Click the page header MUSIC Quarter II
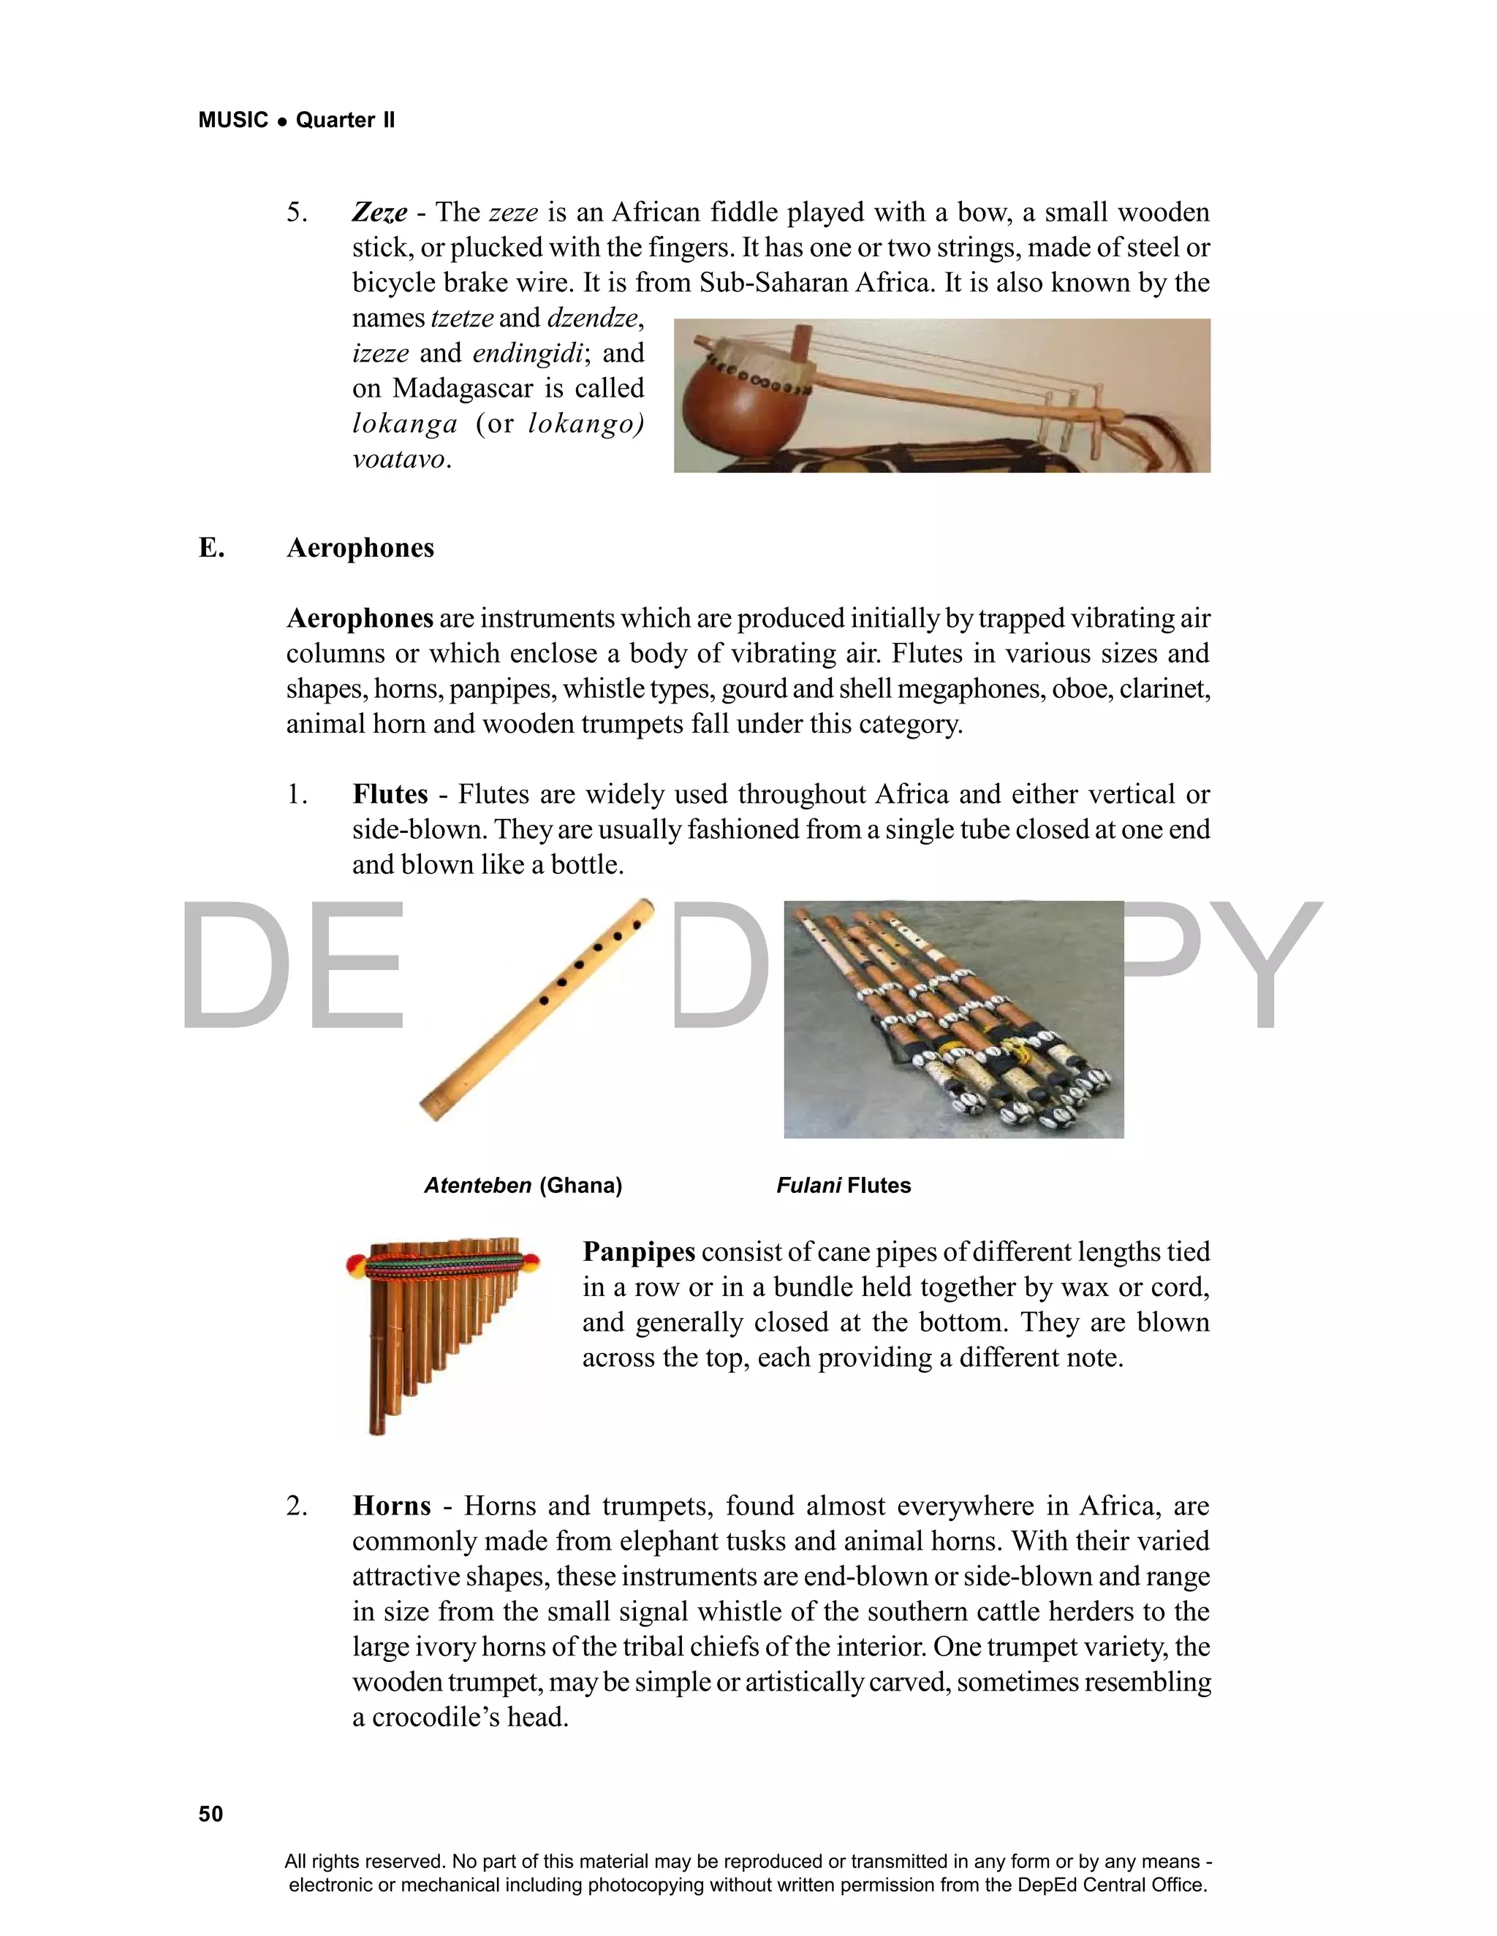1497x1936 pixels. point(296,120)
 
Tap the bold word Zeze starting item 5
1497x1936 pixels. point(379,213)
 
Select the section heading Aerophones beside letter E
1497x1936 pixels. point(360,548)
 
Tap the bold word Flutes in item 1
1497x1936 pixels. point(390,794)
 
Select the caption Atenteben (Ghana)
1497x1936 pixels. point(523,1185)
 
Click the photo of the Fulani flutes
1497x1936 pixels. point(953,1019)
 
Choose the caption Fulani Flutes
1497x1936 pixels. point(844,1185)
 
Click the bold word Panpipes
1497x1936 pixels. point(639,1251)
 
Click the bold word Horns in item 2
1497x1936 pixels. point(391,1506)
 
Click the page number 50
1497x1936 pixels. point(211,1814)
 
